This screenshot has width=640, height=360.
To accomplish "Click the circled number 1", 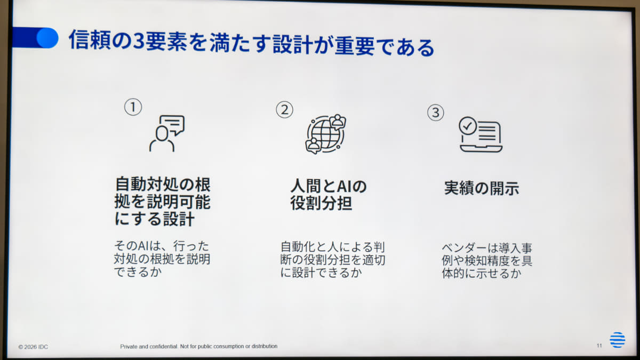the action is tap(133, 107).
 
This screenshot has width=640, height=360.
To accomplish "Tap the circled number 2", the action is tap(285, 110).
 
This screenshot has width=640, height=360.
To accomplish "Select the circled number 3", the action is tap(436, 113).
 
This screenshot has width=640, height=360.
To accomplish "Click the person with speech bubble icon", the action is tap(167, 133).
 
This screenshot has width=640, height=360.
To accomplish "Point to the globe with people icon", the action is tap(326, 134).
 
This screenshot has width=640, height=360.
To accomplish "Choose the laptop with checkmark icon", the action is tap(481, 134).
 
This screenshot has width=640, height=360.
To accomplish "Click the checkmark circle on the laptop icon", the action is tap(468, 125).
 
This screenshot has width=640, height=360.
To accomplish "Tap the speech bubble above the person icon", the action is tap(173, 125).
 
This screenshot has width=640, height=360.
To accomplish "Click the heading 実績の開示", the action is tap(482, 188).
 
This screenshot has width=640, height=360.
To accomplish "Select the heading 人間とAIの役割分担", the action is tap(329, 195).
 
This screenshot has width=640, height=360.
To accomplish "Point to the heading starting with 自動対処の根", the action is tap(163, 202).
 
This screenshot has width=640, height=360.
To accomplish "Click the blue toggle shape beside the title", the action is tap(36, 38).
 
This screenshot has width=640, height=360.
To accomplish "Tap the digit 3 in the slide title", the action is tap(139, 41).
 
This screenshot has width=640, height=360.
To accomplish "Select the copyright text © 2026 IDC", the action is tap(33, 347).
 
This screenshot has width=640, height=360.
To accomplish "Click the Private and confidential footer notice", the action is tap(198, 346).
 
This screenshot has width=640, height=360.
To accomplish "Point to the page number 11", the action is tap(599, 346).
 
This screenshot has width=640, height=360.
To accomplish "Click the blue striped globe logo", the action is tap(618, 340).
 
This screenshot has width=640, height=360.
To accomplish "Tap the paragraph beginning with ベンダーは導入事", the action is tap(487, 261).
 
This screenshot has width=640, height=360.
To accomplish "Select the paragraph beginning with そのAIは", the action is tap(162, 259).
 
